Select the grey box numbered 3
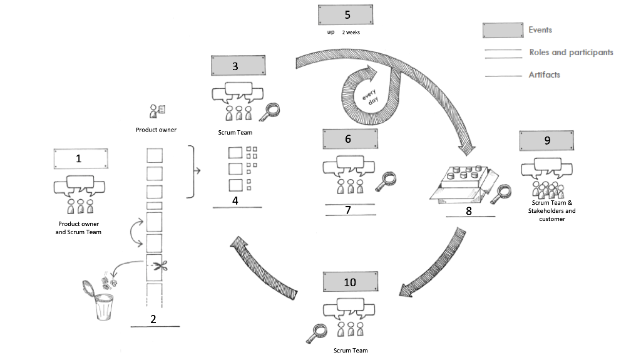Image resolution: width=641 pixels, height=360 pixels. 235,65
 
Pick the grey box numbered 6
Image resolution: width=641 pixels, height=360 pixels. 348,139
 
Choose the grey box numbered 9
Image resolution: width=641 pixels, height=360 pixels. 546,140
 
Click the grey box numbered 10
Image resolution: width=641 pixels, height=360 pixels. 349,282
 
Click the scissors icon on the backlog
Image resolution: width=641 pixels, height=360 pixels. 155,265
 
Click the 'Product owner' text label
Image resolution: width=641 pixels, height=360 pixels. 156,130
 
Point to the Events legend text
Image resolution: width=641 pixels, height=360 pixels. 540,29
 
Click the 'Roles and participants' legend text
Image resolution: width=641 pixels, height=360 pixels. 571,53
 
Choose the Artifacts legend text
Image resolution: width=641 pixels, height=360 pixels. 544,75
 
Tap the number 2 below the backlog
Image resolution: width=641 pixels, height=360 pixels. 153,318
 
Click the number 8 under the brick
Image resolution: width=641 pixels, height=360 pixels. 469,211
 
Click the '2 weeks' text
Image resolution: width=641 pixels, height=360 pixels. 351,31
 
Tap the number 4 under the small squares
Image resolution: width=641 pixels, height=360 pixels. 235,200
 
